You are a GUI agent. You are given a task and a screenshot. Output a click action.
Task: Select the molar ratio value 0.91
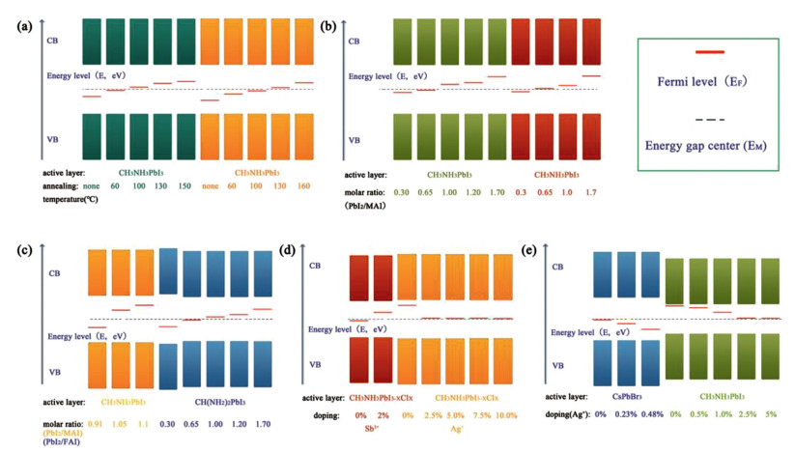coord(96,423)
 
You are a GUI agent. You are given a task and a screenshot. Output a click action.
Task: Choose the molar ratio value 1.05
coord(120,423)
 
